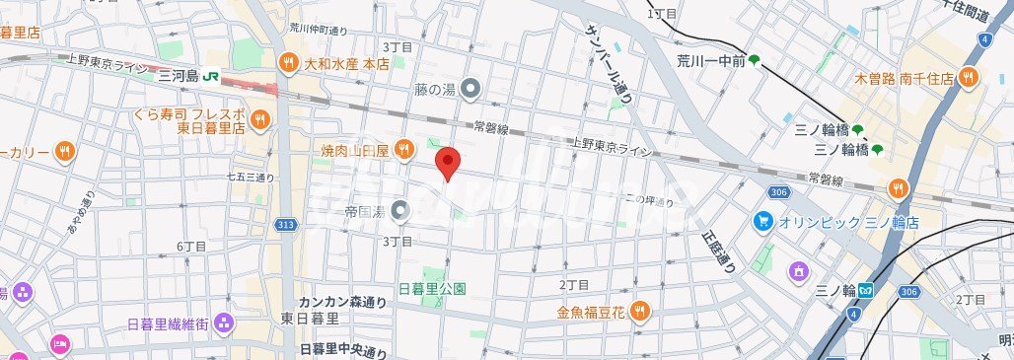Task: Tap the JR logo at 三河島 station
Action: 213,76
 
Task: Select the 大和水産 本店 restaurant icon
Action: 288,61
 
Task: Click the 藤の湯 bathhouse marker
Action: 471,90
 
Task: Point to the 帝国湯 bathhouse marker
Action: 399,209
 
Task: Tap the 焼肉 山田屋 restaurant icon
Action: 403,149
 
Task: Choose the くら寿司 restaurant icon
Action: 259,119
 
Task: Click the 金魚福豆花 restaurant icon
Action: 639,312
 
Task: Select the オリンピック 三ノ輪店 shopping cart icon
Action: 762,221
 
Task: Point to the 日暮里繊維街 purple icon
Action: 224,323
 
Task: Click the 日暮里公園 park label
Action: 431,289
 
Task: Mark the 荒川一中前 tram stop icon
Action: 755,61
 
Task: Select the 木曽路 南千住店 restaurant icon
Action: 970,76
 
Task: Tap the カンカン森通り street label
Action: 342,302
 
